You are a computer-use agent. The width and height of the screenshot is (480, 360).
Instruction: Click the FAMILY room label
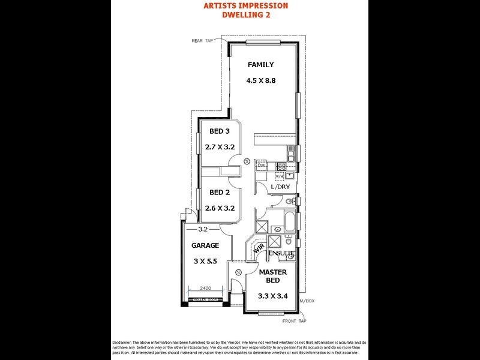260,65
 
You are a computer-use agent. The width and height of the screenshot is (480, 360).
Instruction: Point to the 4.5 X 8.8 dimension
260,80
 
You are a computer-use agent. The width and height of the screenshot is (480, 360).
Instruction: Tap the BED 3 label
219,131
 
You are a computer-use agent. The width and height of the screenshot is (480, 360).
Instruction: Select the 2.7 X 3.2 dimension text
219,146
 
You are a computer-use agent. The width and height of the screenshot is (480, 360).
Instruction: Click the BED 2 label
219,193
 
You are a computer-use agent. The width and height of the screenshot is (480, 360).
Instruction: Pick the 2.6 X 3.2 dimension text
219,208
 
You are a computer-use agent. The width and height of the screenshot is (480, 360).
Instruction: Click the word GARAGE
205,245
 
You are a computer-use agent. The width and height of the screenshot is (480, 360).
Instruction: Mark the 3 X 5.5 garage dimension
205,261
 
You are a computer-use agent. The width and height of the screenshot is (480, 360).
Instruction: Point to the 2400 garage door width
206,287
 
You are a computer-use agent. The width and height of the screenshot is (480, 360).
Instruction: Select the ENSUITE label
281,254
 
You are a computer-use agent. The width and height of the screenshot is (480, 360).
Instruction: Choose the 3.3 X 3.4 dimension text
272,296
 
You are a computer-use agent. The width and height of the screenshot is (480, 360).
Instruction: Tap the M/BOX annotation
307,300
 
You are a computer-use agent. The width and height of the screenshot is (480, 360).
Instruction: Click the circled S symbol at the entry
238,273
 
